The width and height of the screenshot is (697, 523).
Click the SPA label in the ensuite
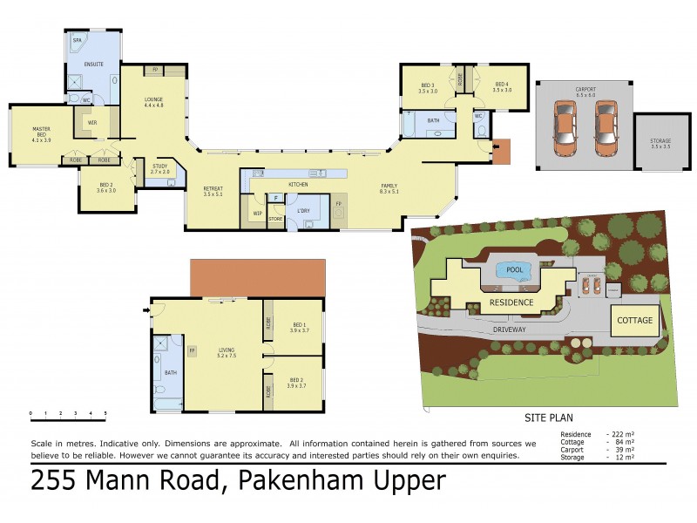click(x=76, y=40)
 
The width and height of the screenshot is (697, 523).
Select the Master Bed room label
click(x=41, y=133)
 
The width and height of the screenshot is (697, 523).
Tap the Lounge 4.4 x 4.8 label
click(x=153, y=102)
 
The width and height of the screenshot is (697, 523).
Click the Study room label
click(x=159, y=168)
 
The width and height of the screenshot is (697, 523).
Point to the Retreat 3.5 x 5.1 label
click(x=213, y=191)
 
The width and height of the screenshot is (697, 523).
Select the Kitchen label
click(x=298, y=185)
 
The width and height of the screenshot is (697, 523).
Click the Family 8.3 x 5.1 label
click(x=389, y=188)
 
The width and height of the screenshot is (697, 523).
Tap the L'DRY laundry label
click(x=304, y=212)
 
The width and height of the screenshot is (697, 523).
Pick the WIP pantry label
click(x=258, y=213)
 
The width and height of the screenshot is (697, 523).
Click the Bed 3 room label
click(x=427, y=87)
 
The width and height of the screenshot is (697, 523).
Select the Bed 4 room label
click(x=501, y=87)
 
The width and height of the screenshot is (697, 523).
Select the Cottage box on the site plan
click(x=635, y=320)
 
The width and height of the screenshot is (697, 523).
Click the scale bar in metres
click(x=68, y=416)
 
